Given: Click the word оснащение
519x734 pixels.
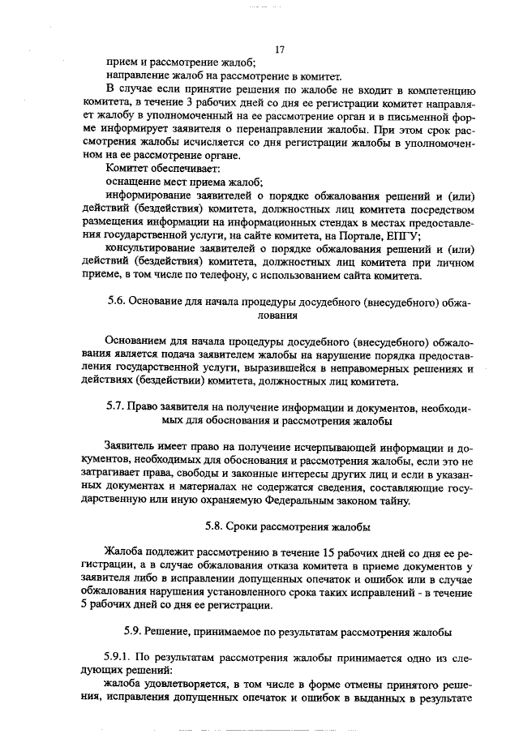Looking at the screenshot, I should coord(133,182).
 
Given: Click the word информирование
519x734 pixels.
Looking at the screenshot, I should coord(155,196).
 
